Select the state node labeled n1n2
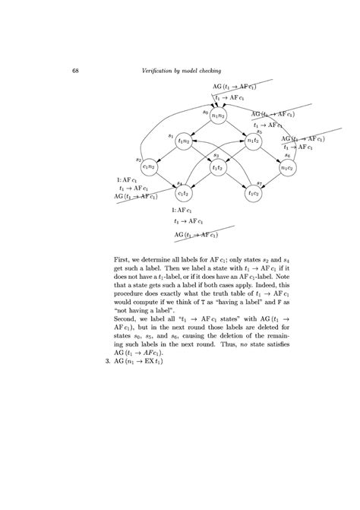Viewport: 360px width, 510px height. [219, 115]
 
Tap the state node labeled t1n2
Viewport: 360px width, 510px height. [184, 141]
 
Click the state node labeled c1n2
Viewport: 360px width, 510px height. [150, 167]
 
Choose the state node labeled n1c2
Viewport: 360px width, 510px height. [287, 167]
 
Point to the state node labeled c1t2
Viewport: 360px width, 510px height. [184, 193]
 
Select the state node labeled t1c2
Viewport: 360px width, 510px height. [253, 193]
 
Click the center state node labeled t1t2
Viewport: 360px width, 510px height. [219, 167]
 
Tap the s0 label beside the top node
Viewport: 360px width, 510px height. [205, 112]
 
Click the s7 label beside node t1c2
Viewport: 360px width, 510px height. [259, 183]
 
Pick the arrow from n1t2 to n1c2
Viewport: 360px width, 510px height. [270, 154]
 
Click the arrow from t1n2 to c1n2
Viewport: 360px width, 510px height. [166, 154]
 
